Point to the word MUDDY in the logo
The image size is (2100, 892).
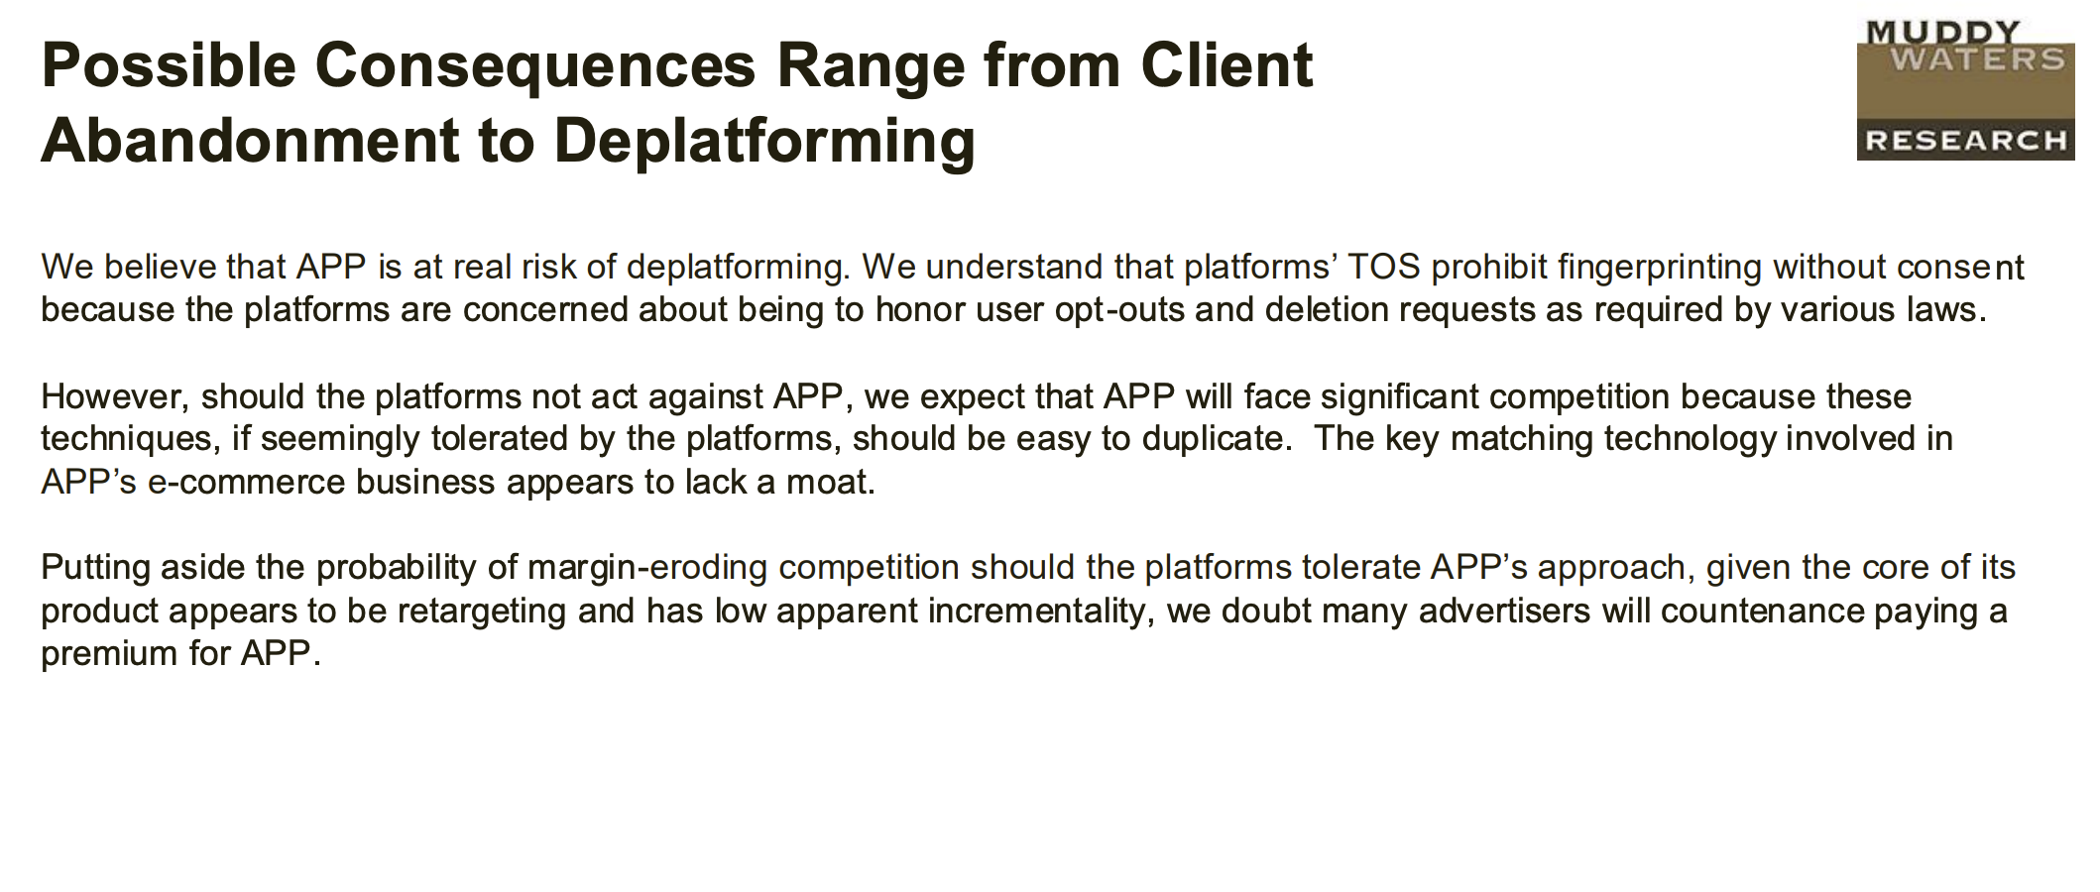(1942, 32)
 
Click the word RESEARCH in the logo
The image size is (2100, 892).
(1965, 141)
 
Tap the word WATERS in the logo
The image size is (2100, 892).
(1977, 58)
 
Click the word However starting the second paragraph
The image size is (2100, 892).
(115, 396)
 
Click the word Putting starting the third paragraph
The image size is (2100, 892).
(95, 568)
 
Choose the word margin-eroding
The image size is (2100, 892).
(647, 568)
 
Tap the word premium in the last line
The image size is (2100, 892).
(109, 654)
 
